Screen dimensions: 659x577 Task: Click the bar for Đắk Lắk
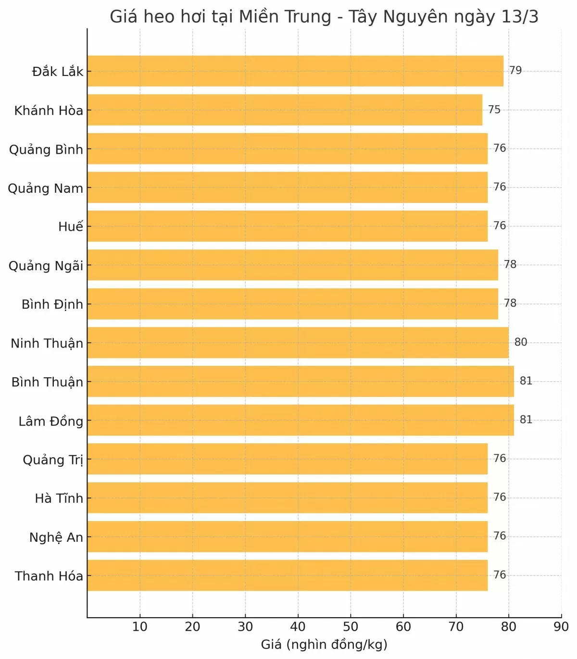(x=295, y=71)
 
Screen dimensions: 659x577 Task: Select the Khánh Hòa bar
(x=285, y=110)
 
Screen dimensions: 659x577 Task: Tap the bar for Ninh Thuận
(x=298, y=343)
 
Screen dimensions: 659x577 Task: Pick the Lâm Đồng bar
(x=301, y=420)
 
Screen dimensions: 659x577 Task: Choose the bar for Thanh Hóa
(x=288, y=575)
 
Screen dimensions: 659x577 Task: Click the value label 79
(x=515, y=71)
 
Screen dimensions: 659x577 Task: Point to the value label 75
(x=494, y=110)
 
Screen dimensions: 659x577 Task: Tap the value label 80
(x=521, y=342)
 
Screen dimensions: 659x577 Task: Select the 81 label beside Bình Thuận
(x=526, y=381)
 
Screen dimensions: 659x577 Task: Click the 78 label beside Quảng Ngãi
(x=510, y=264)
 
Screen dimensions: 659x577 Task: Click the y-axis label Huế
(x=71, y=226)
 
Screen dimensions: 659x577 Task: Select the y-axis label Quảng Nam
(x=46, y=188)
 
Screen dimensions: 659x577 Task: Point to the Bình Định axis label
(x=52, y=304)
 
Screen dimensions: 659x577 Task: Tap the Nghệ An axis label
(x=56, y=537)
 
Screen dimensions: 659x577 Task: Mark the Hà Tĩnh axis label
(x=59, y=498)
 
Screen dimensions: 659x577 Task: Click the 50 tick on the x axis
(x=351, y=627)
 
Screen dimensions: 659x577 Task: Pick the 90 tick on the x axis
(x=561, y=627)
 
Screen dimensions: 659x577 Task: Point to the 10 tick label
(x=140, y=627)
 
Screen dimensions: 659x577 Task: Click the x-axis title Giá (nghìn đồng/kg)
(x=324, y=645)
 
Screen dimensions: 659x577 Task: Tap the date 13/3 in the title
(x=519, y=17)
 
